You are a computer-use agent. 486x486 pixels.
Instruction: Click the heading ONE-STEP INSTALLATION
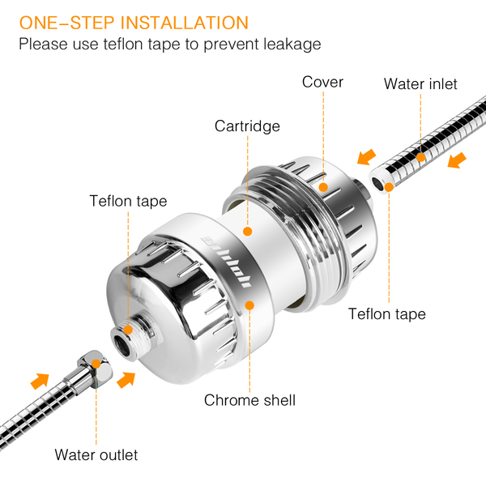pos(134,23)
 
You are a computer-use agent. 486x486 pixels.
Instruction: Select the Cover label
pos(322,82)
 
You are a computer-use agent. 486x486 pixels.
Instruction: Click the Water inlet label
pos(420,83)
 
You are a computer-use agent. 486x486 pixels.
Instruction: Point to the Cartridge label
pos(247,126)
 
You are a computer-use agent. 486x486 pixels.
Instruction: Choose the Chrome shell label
pos(249,400)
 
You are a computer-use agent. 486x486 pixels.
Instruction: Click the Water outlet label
pos(96,454)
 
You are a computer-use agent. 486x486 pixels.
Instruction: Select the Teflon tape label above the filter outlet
pos(128,201)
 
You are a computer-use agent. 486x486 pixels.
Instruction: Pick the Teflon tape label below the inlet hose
pos(387,313)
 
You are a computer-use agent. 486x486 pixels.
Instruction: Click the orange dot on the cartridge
pos(247,231)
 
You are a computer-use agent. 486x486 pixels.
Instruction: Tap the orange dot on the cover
pos(323,187)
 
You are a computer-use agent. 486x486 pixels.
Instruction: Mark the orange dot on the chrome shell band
pos(249,305)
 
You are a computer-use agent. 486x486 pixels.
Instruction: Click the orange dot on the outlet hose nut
pos(96,364)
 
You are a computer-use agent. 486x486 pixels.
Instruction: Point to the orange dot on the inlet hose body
pos(420,157)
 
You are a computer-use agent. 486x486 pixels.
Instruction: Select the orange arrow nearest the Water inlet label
pos(457,160)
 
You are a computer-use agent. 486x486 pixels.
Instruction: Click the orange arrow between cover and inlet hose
pos(366,157)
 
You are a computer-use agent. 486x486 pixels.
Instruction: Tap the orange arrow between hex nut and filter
pos(126,380)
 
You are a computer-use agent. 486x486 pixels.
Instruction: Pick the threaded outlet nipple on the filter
pos(134,336)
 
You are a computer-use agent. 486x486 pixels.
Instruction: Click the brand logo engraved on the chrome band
pos(227,262)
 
